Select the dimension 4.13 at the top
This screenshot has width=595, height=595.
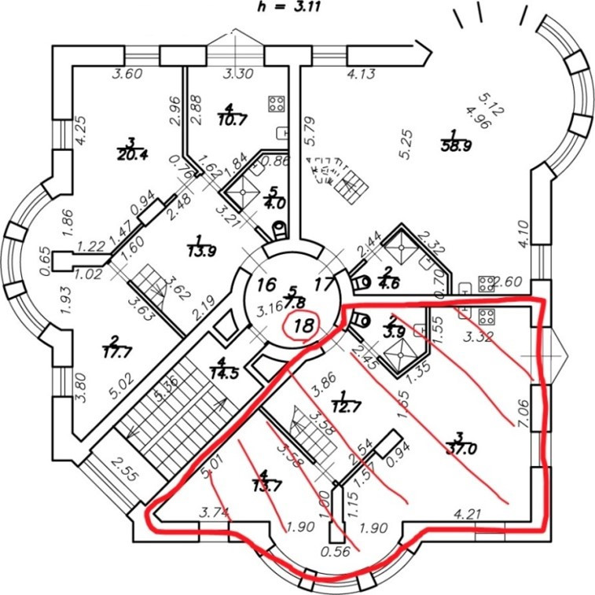coord(363,75)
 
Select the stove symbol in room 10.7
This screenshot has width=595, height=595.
coord(276,104)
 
